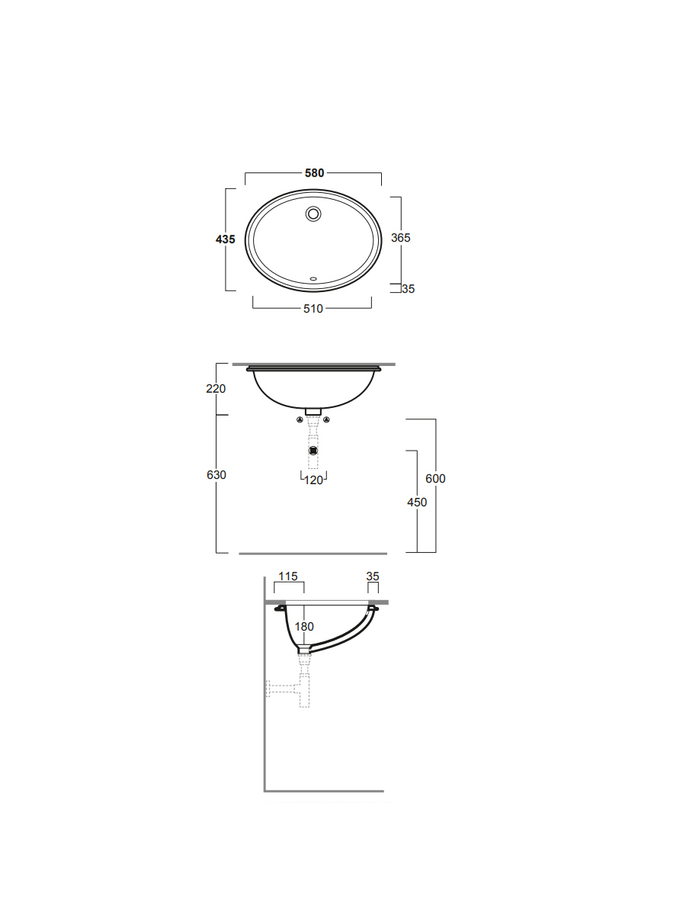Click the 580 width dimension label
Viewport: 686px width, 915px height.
[314, 173]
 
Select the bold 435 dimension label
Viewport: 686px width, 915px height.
[226, 239]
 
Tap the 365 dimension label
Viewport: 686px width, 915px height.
[401, 238]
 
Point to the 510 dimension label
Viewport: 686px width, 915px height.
[313, 309]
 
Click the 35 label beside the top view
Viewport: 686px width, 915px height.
[409, 289]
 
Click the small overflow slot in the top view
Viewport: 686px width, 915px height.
[313, 278]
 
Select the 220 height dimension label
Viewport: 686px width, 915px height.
[216, 389]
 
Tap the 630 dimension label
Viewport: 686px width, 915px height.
[216, 475]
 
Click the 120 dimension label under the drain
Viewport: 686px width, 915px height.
[313, 480]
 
